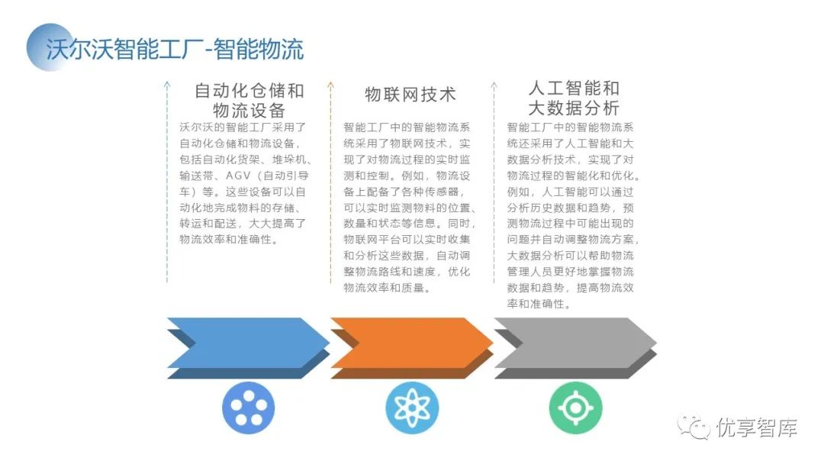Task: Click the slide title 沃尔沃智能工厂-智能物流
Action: click(175, 49)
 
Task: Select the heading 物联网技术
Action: click(410, 94)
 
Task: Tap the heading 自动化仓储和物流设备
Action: click(249, 100)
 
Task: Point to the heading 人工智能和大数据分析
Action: click(574, 98)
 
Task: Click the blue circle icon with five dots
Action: click(248, 408)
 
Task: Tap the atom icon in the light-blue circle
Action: click(412, 408)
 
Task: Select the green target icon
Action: click(575, 408)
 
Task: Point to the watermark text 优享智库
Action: click(757, 428)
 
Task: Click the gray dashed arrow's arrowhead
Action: click(494, 84)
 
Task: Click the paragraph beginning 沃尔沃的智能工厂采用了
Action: click(243, 183)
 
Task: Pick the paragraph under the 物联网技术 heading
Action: click(410, 208)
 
